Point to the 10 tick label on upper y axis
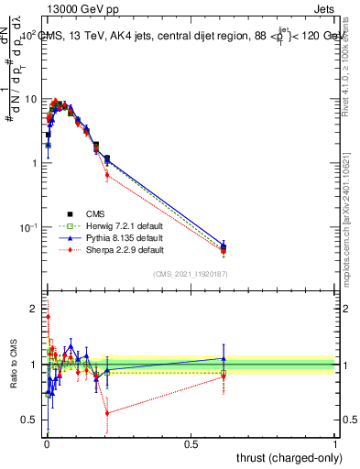[31, 99]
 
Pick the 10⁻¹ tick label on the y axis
[29, 227]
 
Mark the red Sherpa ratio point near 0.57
[107, 413]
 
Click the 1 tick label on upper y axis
[35, 163]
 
